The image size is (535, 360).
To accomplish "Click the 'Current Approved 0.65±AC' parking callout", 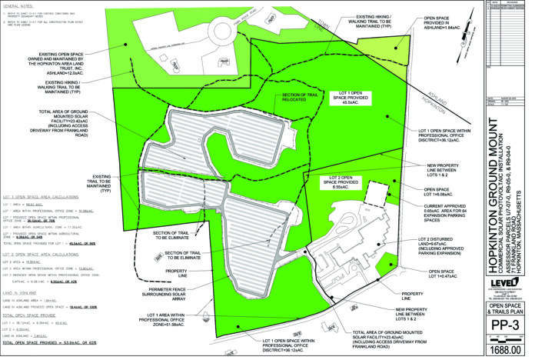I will (x=458, y=215).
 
